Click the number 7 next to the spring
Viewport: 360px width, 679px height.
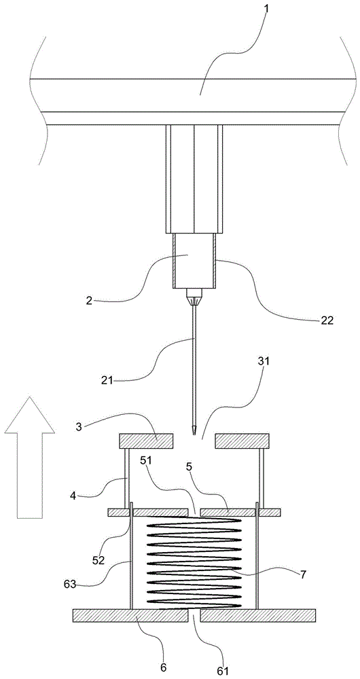tap(302, 574)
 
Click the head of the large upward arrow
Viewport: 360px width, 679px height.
tap(29, 414)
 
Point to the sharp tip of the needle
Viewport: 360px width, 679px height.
tap(194, 435)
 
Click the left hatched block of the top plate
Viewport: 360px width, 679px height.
tap(147, 441)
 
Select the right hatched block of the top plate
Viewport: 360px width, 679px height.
tap(242, 441)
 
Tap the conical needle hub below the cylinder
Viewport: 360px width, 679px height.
tap(194, 297)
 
